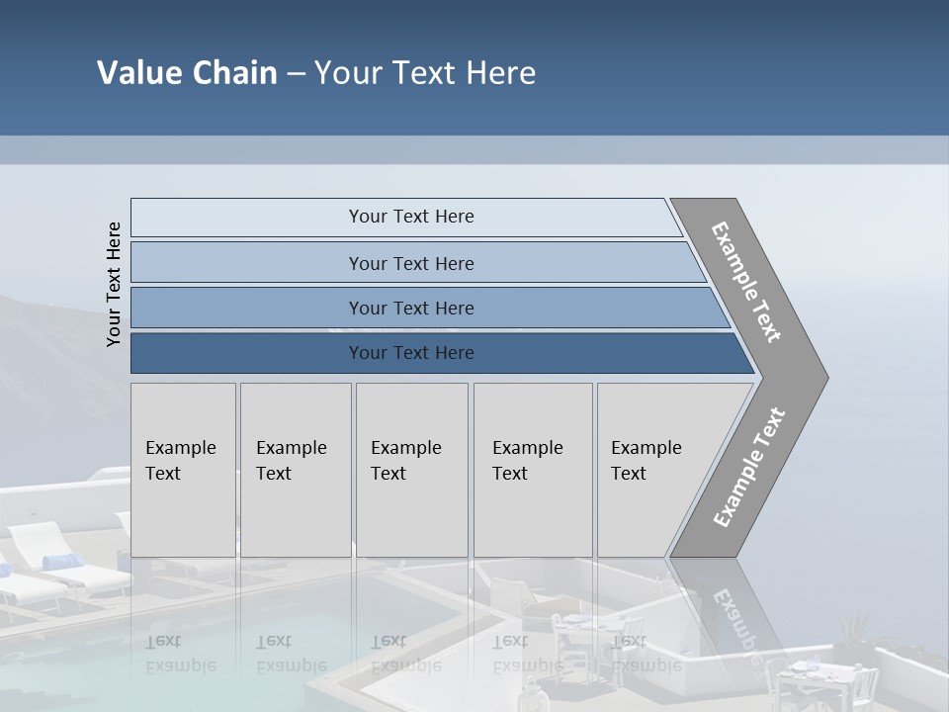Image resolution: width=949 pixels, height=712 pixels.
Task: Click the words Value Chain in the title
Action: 187,73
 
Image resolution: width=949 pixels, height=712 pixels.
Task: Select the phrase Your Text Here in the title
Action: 425,73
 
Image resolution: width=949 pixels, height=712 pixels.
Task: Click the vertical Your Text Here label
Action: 114,285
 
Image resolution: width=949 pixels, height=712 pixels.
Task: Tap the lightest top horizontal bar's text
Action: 411,217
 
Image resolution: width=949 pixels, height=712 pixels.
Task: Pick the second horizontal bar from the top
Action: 411,263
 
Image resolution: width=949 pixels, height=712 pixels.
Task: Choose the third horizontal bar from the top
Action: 411,309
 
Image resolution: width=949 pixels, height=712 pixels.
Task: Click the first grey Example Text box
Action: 183,470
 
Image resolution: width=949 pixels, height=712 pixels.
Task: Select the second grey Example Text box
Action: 295,470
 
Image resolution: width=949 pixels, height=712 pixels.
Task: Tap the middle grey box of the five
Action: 411,470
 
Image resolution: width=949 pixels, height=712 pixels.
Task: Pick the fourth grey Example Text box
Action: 532,470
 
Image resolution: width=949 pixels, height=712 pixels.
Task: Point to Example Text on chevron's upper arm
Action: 746,282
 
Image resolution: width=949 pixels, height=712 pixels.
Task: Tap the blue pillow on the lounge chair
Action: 63,562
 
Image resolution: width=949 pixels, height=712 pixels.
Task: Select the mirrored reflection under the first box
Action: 181,654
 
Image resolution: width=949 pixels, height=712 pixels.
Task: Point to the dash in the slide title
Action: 296,74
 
